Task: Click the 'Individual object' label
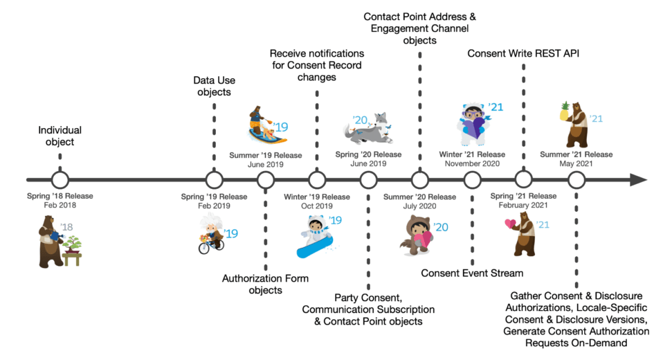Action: point(60,136)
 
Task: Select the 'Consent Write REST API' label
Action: point(523,53)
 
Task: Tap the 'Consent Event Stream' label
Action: point(472,272)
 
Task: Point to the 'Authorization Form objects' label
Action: point(266,284)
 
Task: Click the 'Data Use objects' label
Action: point(214,86)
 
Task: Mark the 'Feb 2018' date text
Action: point(60,206)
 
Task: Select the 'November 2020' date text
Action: point(473,164)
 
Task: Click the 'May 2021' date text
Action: point(576,164)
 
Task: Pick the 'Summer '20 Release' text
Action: point(420,196)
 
